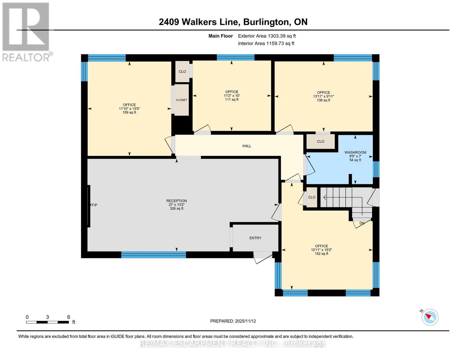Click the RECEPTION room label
pos(176,201)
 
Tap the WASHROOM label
pos(355,152)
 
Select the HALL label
pos(247,146)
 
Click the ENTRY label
pos(255,238)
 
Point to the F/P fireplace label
pos(94,205)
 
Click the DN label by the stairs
pos(362,223)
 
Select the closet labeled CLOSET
pos(182,100)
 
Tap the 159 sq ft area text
pos(129,112)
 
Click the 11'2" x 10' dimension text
pos(232,96)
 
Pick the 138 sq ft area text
pos(323,100)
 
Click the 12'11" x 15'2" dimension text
pos(321,250)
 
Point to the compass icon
pos(430,317)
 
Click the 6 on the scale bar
pos(69,317)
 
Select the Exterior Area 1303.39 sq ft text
pos(267,36)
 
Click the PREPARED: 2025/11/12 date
pos(233,321)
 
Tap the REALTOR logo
pos(26,31)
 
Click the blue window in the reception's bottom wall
pos(153,255)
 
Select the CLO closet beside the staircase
pos(311,197)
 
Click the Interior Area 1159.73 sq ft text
pos(266,43)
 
